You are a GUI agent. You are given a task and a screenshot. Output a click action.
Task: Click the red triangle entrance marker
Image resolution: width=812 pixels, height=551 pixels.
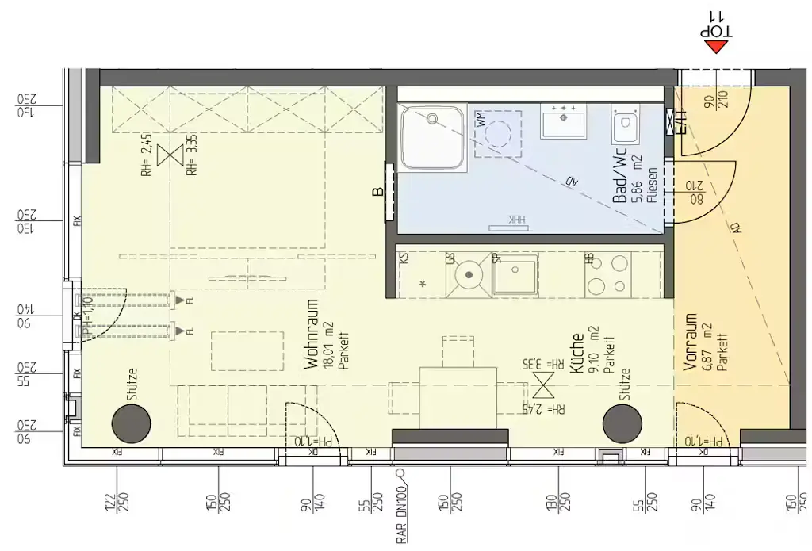tap(718, 47)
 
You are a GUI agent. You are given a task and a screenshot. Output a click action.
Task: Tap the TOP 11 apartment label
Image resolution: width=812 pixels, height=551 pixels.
tap(717, 23)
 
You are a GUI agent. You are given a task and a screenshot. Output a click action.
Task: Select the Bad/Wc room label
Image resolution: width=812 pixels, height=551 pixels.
tap(620, 175)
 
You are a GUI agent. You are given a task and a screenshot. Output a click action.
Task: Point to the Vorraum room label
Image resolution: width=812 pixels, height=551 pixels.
tap(691, 342)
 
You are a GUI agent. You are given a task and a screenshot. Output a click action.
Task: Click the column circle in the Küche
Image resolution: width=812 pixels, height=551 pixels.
tap(622, 424)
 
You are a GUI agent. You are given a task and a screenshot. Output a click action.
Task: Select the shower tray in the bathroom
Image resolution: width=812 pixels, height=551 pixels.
tap(432, 138)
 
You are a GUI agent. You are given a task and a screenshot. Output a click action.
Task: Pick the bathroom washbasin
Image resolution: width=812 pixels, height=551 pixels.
tap(563, 121)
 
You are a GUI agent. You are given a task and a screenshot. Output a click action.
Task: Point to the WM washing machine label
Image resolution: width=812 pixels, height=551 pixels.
tap(481, 121)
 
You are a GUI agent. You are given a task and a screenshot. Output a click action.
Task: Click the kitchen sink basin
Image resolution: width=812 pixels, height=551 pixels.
tap(516, 275)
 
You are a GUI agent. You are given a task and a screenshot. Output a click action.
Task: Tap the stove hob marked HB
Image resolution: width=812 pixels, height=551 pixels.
tap(607, 275)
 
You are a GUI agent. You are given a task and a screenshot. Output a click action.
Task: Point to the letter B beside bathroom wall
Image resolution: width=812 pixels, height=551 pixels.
tap(379, 191)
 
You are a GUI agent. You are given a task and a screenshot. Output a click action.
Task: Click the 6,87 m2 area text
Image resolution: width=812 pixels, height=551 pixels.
tap(707, 342)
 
